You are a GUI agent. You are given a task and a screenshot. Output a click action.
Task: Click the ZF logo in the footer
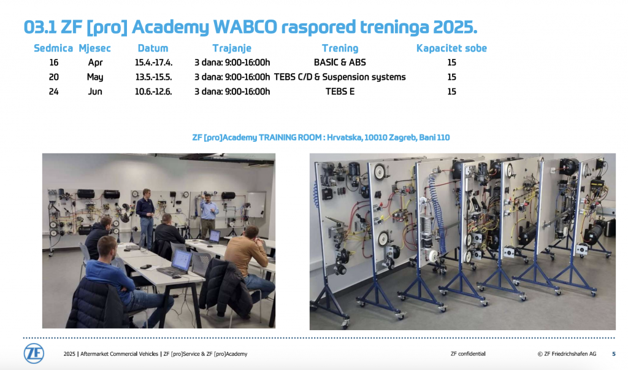[x=34, y=353]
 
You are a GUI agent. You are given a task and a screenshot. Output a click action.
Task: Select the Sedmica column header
[x=53, y=48]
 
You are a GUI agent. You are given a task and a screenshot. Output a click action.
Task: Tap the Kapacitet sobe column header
[x=451, y=48]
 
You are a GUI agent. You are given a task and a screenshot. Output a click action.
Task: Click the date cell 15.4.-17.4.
[x=153, y=63]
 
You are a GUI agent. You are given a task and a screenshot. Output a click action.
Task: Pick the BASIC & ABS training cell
[x=340, y=63]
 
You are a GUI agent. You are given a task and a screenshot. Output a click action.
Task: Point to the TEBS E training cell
[x=340, y=91]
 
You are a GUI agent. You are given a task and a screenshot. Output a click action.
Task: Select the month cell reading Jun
[x=95, y=92]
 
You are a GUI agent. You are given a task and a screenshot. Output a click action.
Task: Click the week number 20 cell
[x=54, y=77]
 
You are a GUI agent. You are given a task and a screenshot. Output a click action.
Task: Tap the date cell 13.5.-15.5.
[x=153, y=77]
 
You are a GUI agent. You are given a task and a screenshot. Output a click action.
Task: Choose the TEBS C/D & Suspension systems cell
[x=340, y=77]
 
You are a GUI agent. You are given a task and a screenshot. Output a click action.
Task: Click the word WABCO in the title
[x=245, y=27]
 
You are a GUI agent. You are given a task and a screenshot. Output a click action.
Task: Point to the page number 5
[x=613, y=354]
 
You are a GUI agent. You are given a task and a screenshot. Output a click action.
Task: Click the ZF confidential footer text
[x=468, y=354]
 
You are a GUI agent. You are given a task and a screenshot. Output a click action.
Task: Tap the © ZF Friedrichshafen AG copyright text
[x=567, y=354]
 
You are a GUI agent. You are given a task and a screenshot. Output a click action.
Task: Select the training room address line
[x=321, y=137]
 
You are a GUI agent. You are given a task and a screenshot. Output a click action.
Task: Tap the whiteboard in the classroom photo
[x=256, y=204]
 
